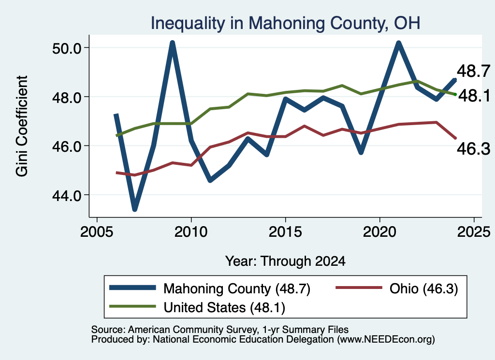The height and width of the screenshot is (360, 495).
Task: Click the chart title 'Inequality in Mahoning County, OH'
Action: (x=285, y=23)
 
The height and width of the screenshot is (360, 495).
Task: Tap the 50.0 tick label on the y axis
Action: (x=67, y=48)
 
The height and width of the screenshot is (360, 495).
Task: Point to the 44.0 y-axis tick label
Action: (x=67, y=196)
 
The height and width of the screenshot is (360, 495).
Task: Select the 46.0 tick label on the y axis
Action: (x=67, y=146)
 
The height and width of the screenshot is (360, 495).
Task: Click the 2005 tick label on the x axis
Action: (x=97, y=232)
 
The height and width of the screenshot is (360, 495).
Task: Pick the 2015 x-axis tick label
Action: (x=285, y=232)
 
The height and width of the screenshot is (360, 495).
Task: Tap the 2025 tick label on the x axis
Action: (x=474, y=232)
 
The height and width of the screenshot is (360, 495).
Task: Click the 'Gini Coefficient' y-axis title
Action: (x=22, y=126)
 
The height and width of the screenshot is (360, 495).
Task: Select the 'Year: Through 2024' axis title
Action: (x=285, y=261)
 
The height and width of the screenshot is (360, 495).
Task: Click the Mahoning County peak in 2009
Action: (x=172, y=43)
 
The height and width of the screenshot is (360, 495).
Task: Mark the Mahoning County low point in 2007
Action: (x=134, y=209)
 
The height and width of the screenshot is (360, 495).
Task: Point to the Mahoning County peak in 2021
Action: (x=398, y=43)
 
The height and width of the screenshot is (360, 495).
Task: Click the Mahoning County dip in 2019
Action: (x=361, y=152)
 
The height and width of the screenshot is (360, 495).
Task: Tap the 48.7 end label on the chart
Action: (x=474, y=71)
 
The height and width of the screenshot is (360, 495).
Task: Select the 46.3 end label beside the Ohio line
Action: (x=474, y=149)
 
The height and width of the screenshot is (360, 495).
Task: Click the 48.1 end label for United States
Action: (x=474, y=96)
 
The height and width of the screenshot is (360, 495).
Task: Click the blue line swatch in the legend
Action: (x=132, y=288)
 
